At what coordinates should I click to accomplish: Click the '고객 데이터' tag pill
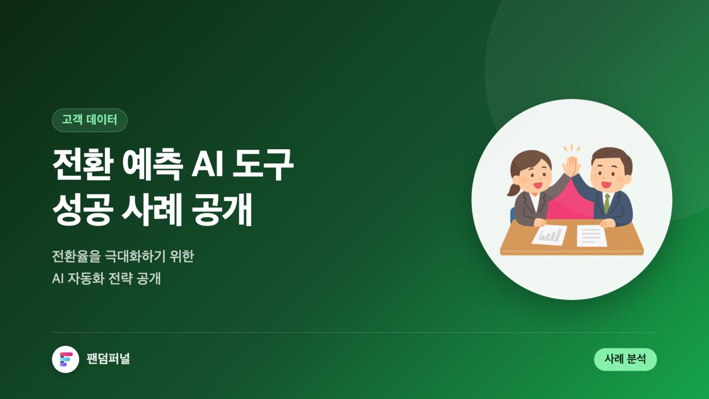pos(90,120)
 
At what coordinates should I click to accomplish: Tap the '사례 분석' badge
pos(625,359)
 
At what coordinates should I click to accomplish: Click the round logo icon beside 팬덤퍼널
pos(66,359)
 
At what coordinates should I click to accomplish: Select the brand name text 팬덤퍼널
pos(108,359)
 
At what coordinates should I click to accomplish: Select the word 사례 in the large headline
pos(152,209)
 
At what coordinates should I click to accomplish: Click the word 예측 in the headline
pos(152,164)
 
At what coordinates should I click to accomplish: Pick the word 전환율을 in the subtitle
pos(76,256)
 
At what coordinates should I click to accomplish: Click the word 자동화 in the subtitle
pos(86,278)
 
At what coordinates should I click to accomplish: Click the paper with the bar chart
pos(549,235)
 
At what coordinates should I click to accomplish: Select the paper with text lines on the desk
pos(591,236)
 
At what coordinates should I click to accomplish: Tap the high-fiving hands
pos(571,166)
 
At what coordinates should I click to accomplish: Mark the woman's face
pos(533,177)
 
